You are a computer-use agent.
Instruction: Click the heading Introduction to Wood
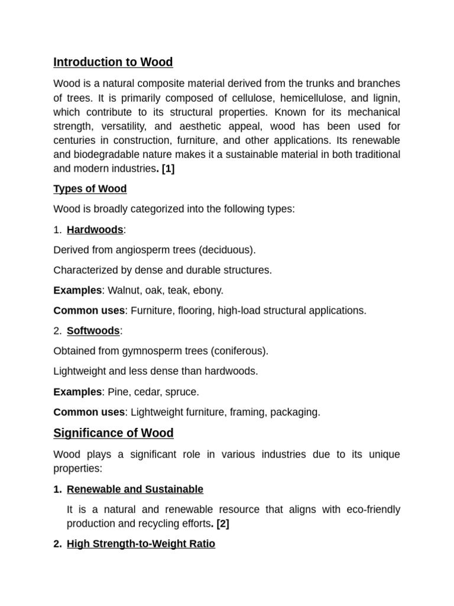pyautogui.click(x=113, y=62)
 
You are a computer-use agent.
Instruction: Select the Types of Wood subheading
pyautogui.click(x=90, y=189)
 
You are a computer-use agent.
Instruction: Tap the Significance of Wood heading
pyautogui.click(x=113, y=433)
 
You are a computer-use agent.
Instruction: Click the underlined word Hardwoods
pyautogui.click(x=95, y=230)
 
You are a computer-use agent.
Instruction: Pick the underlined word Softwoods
pyautogui.click(x=93, y=331)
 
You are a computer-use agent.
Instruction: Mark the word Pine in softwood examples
pyautogui.click(x=118, y=392)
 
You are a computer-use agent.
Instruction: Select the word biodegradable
pyautogui.click(x=105, y=154)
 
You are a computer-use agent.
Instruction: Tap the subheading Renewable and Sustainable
pyautogui.click(x=135, y=489)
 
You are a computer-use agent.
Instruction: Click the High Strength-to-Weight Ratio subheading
pyautogui.click(x=141, y=543)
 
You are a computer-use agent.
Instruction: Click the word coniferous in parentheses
pyautogui.click(x=239, y=351)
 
